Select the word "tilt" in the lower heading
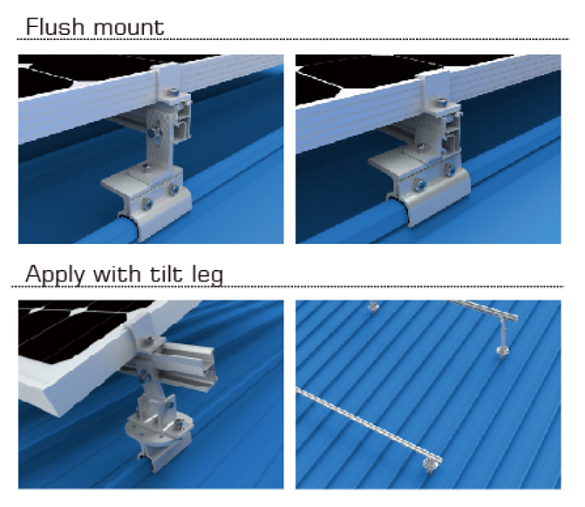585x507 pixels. (x=165, y=274)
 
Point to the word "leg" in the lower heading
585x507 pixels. (x=206, y=276)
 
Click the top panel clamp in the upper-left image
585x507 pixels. (x=167, y=83)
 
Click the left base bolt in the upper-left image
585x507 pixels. (x=146, y=197)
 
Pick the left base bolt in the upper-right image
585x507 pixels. (x=419, y=184)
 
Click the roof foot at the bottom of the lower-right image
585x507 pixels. (x=428, y=467)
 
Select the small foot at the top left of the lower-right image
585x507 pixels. (x=373, y=307)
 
